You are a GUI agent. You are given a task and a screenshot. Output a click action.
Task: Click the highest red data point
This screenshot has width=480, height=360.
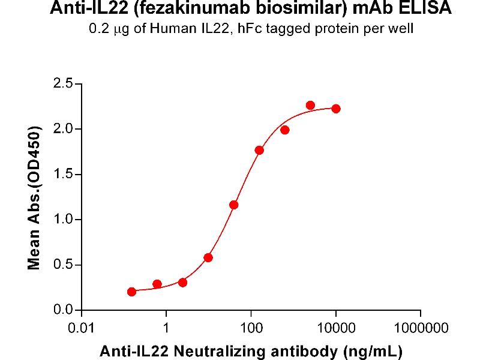coord(310,106)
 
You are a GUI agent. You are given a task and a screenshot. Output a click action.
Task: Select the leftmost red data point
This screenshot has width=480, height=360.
coord(132,292)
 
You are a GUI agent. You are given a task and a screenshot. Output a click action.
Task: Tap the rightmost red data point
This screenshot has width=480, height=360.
coord(336,109)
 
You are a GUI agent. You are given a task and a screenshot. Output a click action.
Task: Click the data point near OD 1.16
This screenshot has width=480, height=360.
coord(234,205)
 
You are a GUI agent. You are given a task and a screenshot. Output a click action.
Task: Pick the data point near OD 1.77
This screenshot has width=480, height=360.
coord(259,150)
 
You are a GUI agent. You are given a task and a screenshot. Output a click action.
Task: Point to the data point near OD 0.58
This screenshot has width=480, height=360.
coord(208,257)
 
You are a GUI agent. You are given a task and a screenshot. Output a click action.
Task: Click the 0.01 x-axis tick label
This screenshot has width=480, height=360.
coord(82,328)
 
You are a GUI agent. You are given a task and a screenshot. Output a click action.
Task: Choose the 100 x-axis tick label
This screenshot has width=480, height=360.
coord(251,328)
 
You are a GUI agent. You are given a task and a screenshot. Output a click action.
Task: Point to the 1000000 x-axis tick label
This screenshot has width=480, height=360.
coord(420,328)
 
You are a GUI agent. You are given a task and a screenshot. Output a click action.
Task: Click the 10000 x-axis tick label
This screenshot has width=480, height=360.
coord(336,328)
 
